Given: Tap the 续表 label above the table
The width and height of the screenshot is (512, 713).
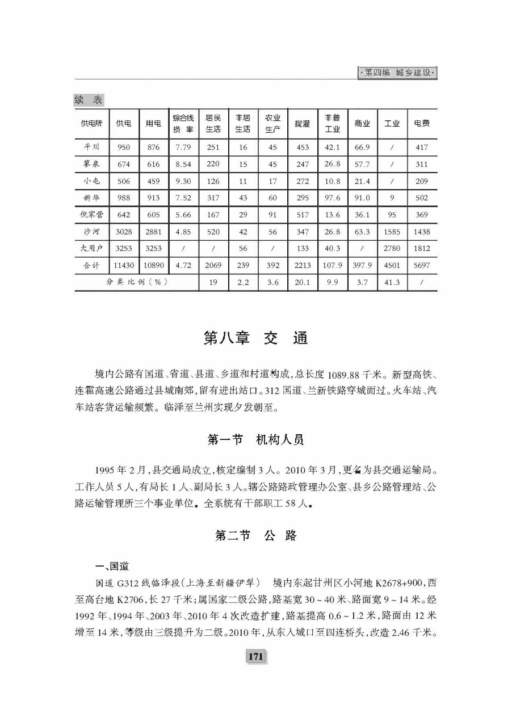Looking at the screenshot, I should [x=89, y=100].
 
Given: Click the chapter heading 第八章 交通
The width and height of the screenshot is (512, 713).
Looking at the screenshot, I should [x=255, y=338].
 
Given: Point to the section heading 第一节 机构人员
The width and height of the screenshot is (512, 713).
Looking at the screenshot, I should [x=255, y=439].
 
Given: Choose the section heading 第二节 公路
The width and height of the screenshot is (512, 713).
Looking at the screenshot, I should [x=255, y=535].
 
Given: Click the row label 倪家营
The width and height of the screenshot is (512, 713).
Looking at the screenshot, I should [x=91, y=215].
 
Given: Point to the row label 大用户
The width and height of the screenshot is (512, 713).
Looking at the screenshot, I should [x=91, y=248].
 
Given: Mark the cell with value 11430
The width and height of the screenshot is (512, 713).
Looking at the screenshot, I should [x=123, y=265].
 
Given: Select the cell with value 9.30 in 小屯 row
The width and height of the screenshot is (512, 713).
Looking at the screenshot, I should [x=183, y=182].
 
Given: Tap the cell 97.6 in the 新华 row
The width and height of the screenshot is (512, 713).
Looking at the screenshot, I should [x=333, y=198].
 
